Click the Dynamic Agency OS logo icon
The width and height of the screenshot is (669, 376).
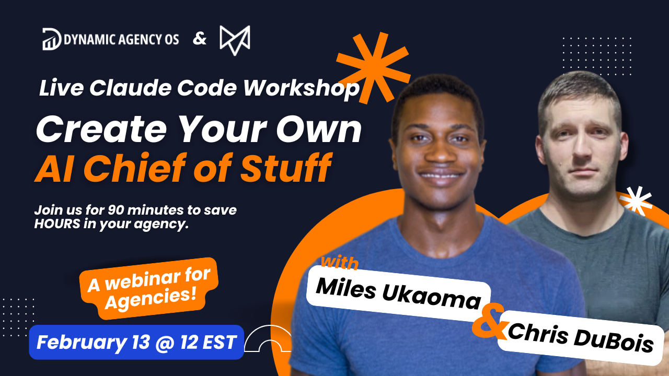[x=52, y=40]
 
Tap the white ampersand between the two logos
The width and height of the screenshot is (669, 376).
[x=200, y=39]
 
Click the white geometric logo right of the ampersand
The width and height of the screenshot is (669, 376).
[x=235, y=40]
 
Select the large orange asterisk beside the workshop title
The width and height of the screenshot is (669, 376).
[x=373, y=67]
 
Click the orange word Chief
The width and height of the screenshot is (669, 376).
[x=163, y=168]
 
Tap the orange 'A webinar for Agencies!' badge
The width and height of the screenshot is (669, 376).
[x=148, y=288]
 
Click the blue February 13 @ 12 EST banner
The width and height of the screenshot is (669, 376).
[x=136, y=342]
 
